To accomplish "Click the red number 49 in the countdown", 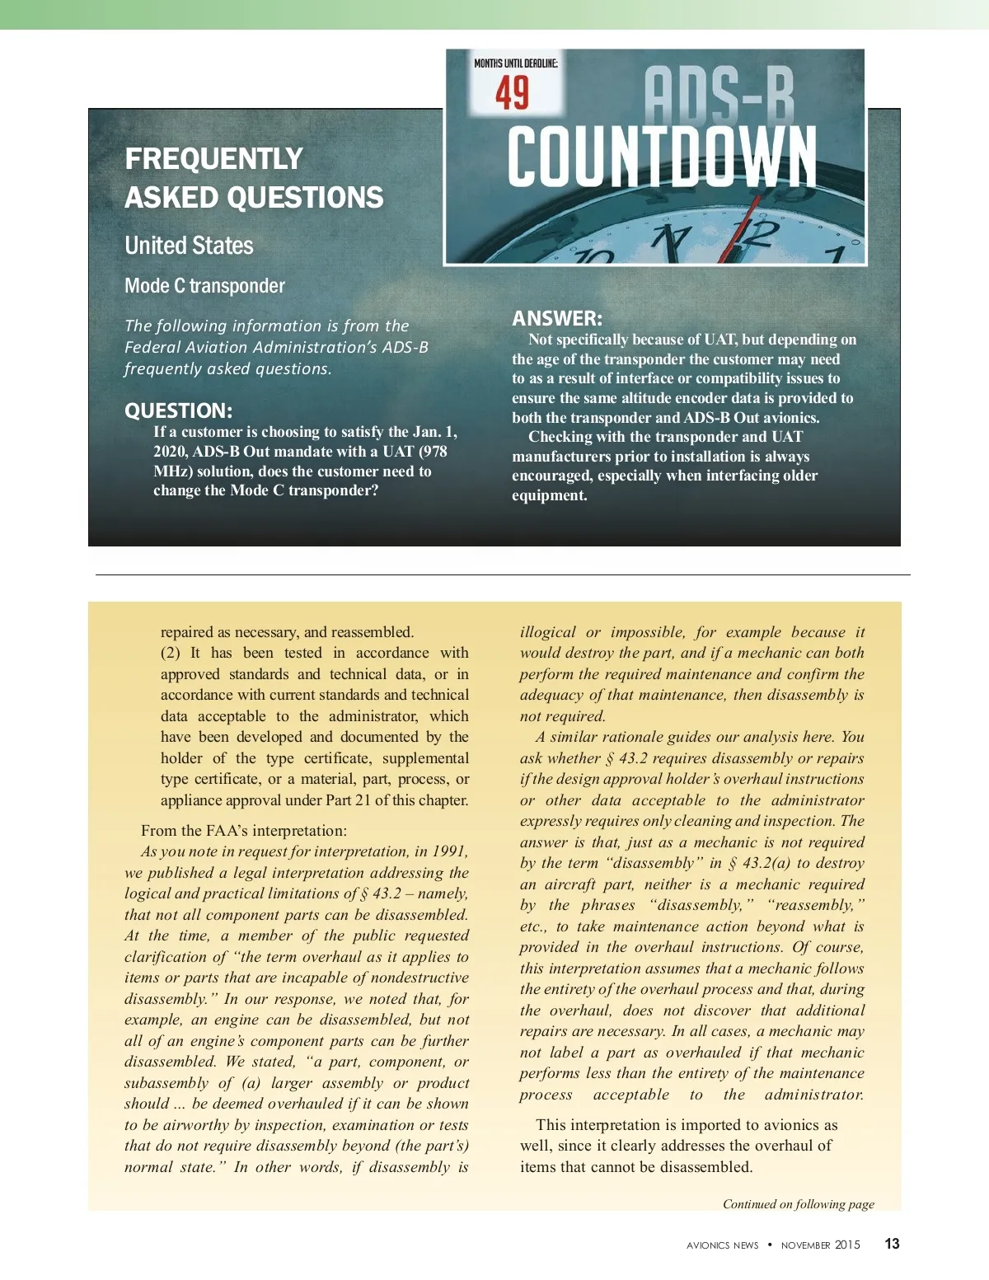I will click(512, 92).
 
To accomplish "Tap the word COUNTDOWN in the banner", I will click(662, 157).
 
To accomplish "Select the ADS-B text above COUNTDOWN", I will click(718, 95).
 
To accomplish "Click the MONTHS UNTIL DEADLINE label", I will click(516, 63).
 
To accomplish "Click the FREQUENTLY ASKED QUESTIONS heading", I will click(254, 178).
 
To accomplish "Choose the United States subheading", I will click(189, 246).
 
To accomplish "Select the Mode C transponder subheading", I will click(204, 286).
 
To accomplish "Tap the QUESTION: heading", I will click(178, 410).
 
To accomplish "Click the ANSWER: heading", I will click(557, 318).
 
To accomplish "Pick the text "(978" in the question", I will click(434, 452).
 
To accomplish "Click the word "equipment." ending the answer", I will click(550, 495).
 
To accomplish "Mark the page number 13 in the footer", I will click(892, 1244).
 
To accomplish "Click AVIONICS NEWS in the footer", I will click(722, 1245).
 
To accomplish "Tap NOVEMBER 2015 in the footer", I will click(820, 1245).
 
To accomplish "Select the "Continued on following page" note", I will click(798, 1204).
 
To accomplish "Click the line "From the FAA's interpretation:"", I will click(244, 830).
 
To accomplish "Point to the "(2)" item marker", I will click(171, 653).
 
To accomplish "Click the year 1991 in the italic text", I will click(449, 851).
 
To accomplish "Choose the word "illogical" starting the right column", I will click(547, 632).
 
